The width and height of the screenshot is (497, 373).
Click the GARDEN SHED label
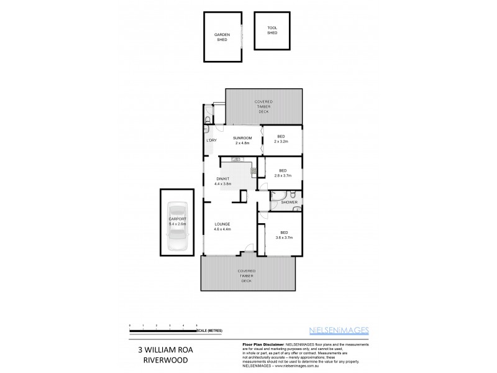point(222,37)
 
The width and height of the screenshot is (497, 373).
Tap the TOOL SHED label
point(272,30)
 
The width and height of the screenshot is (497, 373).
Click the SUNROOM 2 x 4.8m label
point(242,140)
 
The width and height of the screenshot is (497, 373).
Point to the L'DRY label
point(211,140)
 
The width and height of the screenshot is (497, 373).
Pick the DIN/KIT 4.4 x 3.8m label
point(222,181)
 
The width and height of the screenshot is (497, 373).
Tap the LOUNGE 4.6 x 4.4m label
point(222,226)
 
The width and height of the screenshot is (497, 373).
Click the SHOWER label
point(290,203)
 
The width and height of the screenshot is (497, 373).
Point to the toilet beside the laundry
point(207,119)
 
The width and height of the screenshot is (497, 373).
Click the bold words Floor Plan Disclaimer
point(261,344)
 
